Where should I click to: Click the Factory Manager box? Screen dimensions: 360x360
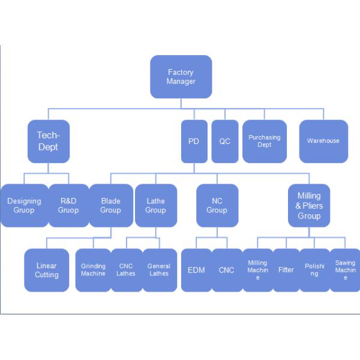pyautogui.click(x=181, y=77)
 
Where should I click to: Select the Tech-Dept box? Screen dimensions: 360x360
pyautogui.click(x=48, y=142)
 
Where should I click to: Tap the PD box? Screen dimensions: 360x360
pyautogui.click(x=194, y=142)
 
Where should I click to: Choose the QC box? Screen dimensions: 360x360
pyautogui.click(x=224, y=142)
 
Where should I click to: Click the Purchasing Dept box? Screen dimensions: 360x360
pyautogui.click(x=265, y=142)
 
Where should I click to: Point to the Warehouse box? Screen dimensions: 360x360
pyautogui.click(x=323, y=142)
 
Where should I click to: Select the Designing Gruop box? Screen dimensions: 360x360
pyautogui.click(x=24, y=206)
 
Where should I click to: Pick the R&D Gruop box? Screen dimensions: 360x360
pyautogui.click(x=68, y=206)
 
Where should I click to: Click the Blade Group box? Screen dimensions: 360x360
pyautogui.click(x=111, y=206)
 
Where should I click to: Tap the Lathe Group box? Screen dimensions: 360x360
pyautogui.click(x=155, y=206)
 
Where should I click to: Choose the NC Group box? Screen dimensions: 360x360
pyautogui.click(x=217, y=206)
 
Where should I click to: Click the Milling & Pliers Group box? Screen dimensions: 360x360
pyautogui.click(x=309, y=206)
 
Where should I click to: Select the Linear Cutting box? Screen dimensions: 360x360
pyautogui.click(x=47, y=271)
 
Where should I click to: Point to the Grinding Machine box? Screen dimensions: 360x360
pyautogui.click(x=93, y=271)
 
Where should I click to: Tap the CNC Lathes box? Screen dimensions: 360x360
pyautogui.click(x=127, y=271)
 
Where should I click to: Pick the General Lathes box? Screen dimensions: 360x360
pyautogui.click(x=159, y=271)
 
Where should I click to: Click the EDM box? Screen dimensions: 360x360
pyautogui.click(x=196, y=271)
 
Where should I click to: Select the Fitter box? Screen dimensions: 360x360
pyautogui.click(x=286, y=271)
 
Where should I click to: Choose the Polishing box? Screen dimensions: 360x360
pyautogui.click(x=314, y=271)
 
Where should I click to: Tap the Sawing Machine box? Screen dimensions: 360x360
pyautogui.click(x=346, y=271)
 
